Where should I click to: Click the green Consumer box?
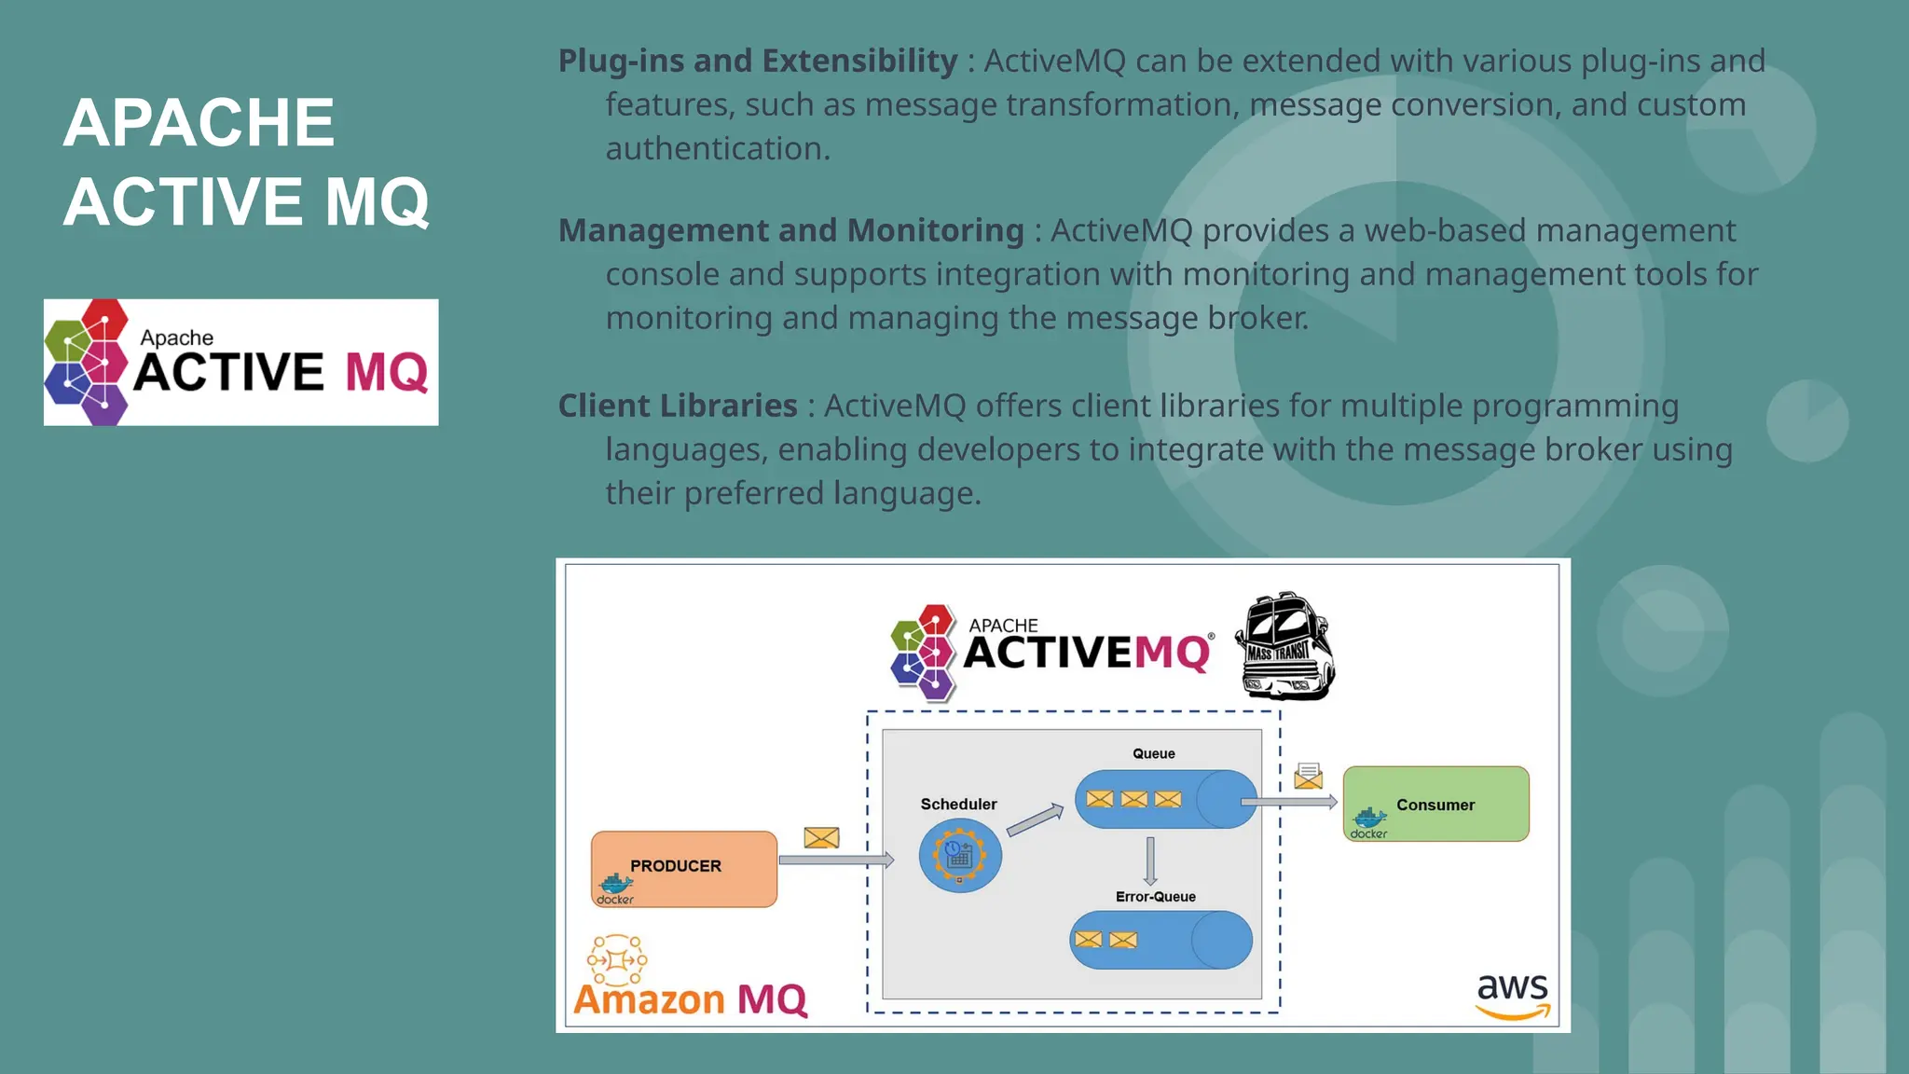click(1435, 804)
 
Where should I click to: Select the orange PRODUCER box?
click(684, 869)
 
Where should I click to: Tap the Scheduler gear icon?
click(959, 855)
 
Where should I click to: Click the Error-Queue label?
click(1155, 896)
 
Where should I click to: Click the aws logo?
click(1512, 995)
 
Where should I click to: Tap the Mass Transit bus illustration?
click(1285, 646)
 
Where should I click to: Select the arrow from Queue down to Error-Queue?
click(1150, 860)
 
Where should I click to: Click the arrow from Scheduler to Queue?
click(1035, 819)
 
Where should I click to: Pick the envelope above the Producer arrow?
click(821, 837)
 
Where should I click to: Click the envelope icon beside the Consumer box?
click(1308, 776)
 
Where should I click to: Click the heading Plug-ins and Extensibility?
click(757, 61)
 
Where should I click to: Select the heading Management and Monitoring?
click(790, 230)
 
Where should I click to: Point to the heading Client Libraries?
click(678, 406)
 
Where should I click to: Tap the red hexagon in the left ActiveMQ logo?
click(105, 319)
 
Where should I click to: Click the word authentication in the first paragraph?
click(717, 148)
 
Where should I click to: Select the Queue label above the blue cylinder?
click(1153, 753)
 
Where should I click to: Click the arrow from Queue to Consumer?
click(1289, 802)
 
